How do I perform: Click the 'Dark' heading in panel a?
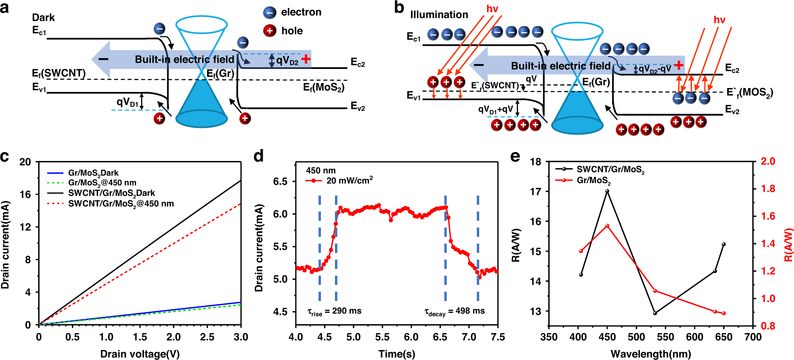pyautogui.click(x=43, y=17)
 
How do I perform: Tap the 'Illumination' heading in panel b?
pyautogui.click(x=439, y=15)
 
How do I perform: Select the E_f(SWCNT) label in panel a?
pyautogui.click(x=59, y=73)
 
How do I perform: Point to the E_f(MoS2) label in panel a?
pyautogui.click(x=323, y=87)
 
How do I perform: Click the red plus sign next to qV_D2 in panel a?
pyautogui.click(x=306, y=59)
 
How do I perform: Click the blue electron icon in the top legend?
pyautogui.click(x=270, y=12)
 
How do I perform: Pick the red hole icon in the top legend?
pyautogui.click(x=270, y=31)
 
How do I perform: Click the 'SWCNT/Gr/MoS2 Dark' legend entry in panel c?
pyautogui.click(x=111, y=193)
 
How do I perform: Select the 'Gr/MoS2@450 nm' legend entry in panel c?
pyautogui.click(x=102, y=183)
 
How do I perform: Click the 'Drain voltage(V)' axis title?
pyautogui.click(x=140, y=354)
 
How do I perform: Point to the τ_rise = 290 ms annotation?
pyautogui.click(x=334, y=311)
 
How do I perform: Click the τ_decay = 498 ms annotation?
pyautogui.click(x=454, y=311)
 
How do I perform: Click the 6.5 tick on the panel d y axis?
pyautogui.click(x=281, y=181)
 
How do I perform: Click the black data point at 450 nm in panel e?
pyautogui.click(x=607, y=191)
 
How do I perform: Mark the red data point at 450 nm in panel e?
pyautogui.click(x=607, y=226)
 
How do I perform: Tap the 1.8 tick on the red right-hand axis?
pyautogui.click(x=767, y=189)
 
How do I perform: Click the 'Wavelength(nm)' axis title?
pyautogui.click(x=650, y=354)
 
